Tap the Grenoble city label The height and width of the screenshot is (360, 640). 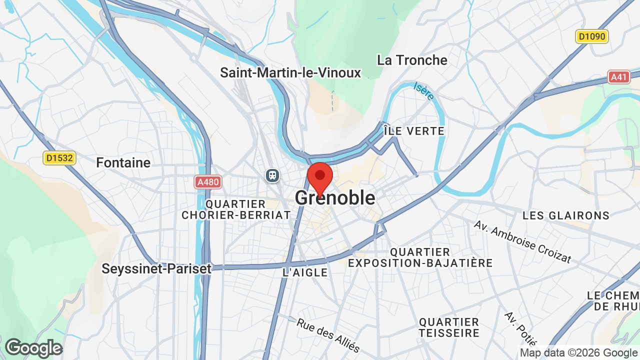335,198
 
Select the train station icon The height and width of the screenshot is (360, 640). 273,175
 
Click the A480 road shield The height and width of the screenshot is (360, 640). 208,182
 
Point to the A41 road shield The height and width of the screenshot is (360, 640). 619,77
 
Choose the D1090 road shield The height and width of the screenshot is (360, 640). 591,36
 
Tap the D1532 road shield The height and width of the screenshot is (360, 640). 59,158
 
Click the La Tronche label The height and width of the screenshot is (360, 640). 412,60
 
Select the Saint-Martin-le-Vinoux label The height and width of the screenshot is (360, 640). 290,73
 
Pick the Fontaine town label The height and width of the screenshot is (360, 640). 123,162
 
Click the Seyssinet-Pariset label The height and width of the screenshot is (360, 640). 156,268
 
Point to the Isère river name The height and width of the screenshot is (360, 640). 424,91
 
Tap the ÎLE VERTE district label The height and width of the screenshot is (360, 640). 414,131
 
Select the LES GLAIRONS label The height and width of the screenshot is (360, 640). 566,215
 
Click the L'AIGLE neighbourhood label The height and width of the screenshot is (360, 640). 305,272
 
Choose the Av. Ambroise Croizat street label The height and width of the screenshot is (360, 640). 522,242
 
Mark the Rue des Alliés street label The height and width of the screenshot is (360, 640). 328,334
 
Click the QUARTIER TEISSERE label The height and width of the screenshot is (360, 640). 449,327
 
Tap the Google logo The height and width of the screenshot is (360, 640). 33,348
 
